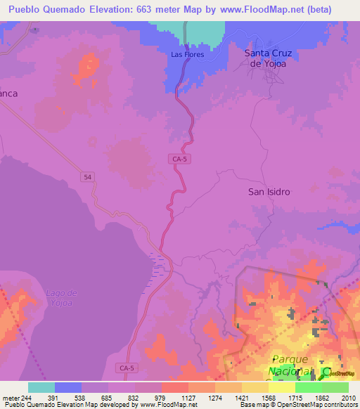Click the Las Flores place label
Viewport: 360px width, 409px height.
coord(187,53)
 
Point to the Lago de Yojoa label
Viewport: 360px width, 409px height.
coord(59,297)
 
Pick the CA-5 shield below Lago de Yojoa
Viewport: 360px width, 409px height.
coord(127,368)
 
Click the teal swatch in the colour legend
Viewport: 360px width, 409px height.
coord(41,387)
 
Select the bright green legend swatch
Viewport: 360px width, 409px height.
coord(308,387)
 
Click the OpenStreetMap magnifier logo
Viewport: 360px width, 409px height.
coord(326,372)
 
